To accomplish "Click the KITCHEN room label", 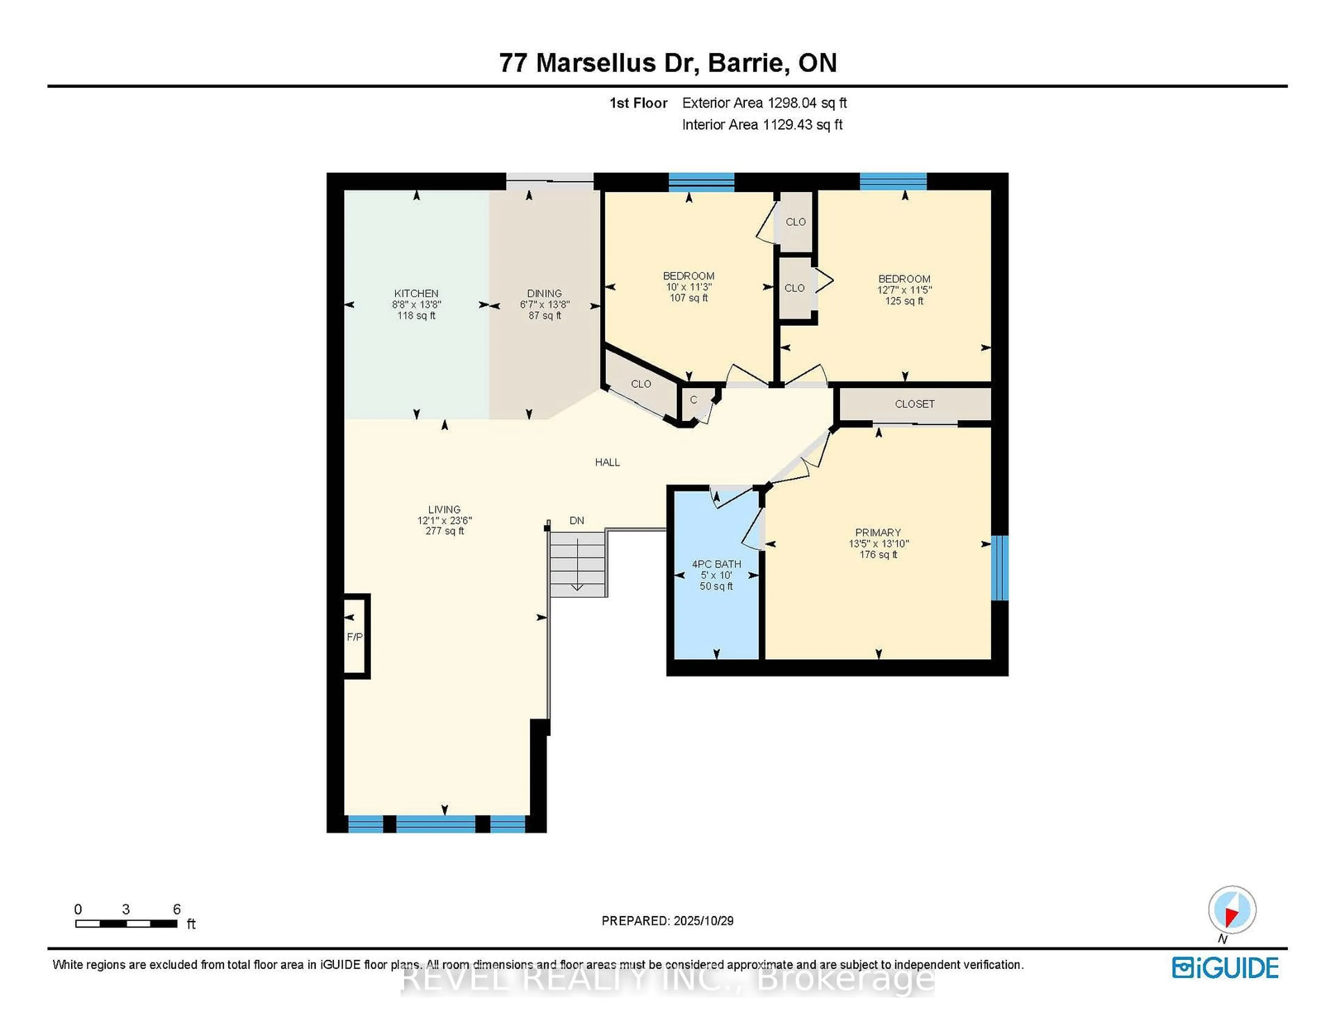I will pos(416,293).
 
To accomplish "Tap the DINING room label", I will pos(544,293).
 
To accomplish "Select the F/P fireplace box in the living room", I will pos(355,636).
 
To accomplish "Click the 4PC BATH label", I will pos(717,564).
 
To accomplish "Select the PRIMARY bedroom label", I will pos(878,532).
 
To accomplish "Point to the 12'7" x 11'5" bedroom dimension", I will pos(904,290).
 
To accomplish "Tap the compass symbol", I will pos(1232,909).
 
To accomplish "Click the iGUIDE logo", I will pos(1225,968).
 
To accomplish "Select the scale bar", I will pos(127,923).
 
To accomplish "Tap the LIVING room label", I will pos(444,509).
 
